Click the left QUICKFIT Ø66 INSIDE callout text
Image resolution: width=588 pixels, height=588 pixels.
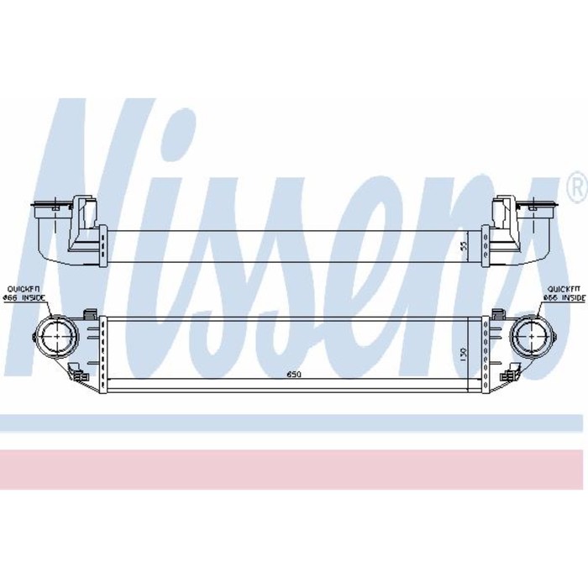(x=24, y=292)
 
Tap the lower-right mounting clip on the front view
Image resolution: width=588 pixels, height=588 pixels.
(x=508, y=374)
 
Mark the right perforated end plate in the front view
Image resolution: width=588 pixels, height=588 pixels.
(x=485, y=353)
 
